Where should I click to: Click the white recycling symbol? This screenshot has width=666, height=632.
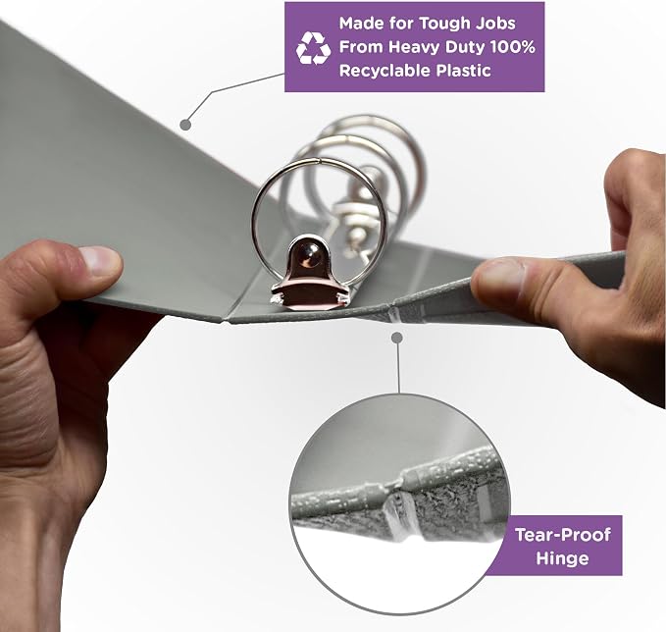pyautogui.click(x=313, y=48)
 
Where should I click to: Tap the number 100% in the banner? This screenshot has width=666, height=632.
pyautogui.click(x=512, y=47)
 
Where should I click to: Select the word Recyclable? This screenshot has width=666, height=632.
pyautogui.click(x=384, y=71)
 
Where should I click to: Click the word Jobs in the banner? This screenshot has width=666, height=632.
pyautogui.click(x=493, y=24)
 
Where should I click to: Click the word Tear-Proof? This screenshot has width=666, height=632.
pyautogui.click(x=562, y=535)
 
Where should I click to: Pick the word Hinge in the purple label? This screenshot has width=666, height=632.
pyautogui.click(x=562, y=558)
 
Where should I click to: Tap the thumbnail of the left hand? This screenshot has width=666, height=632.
pyautogui.click(x=100, y=260)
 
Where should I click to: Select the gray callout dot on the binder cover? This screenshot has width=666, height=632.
pyautogui.click(x=185, y=125)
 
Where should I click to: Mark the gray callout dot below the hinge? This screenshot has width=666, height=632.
pyautogui.click(x=397, y=338)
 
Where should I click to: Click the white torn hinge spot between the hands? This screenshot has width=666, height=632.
pyautogui.click(x=394, y=314)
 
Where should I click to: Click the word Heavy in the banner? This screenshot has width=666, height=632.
pyautogui.click(x=411, y=47)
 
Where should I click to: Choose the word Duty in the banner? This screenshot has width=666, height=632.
pyautogui.click(x=462, y=47)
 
